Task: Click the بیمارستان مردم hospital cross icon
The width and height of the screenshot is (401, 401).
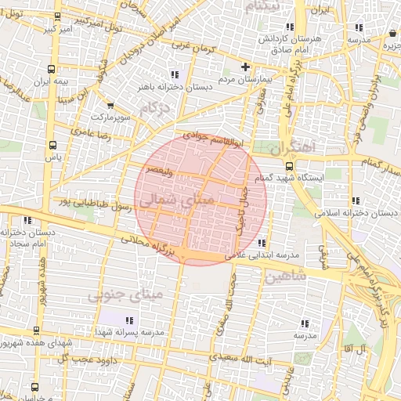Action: pos(246,67)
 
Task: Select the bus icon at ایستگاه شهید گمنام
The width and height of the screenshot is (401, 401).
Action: pos(290,165)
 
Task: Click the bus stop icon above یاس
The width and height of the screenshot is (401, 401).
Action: pos(52,145)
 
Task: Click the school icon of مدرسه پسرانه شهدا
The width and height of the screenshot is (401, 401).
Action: pos(129,320)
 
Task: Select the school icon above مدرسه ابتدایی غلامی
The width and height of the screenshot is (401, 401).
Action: pos(261,243)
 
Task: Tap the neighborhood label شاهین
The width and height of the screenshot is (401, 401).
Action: pos(285,277)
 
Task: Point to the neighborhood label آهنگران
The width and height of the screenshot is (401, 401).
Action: pos(293,146)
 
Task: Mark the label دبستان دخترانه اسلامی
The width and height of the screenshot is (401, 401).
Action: pos(352,212)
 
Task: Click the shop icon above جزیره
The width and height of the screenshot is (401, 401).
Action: pos(392,33)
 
